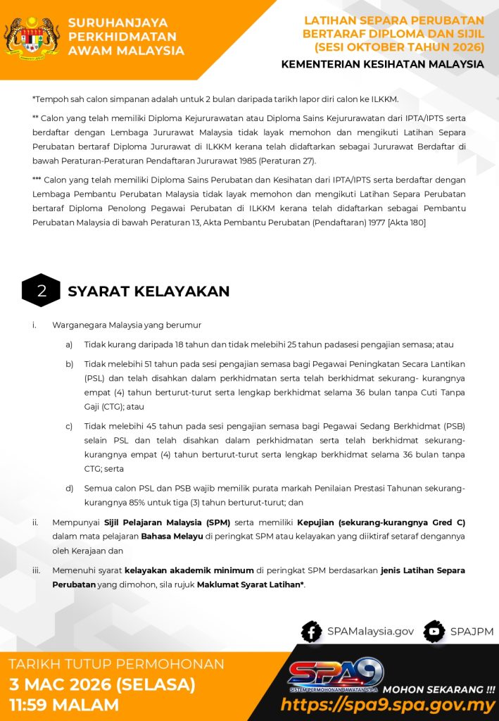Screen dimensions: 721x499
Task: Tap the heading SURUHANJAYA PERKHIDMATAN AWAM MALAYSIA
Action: point(126,37)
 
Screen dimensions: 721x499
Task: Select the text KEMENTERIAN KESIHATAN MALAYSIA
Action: point(382,64)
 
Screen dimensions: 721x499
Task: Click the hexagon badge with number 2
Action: point(41,291)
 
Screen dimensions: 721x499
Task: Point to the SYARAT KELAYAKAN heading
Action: point(149,291)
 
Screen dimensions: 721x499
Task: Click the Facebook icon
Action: point(311,632)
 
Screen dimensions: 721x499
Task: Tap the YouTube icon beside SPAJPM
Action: point(434,632)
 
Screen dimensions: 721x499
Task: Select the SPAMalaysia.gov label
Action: point(370,632)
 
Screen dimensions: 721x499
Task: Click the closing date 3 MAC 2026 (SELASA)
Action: point(102,684)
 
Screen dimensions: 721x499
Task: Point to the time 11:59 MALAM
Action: point(64,705)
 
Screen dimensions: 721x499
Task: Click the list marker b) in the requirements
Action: point(69,364)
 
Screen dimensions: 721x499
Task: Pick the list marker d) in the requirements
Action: point(69,488)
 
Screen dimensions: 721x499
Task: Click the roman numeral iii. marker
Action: point(36,570)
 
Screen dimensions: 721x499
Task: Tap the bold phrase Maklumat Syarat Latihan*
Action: point(251,584)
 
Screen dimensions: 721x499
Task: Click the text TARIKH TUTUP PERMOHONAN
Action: point(116,664)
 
